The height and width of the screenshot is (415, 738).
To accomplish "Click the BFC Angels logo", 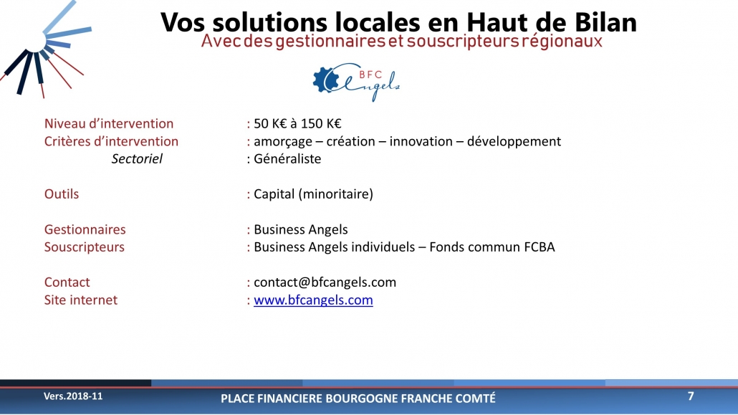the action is pyautogui.click(x=356, y=82).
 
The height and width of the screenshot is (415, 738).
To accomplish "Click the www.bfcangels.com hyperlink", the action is pyautogui.click(x=313, y=300).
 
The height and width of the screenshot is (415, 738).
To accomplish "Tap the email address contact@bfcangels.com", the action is pyautogui.click(x=325, y=282).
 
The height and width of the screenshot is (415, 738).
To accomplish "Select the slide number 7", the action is pyautogui.click(x=691, y=396).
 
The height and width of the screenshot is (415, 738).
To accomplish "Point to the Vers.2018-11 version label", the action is pyautogui.click(x=73, y=396).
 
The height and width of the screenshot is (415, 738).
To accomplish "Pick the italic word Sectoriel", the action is pyautogui.click(x=137, y=158).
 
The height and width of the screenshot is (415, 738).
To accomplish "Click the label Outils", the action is pyautogui.click(x=62, y=194).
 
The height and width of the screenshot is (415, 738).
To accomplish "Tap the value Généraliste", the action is pyautogui.click(x=287, y=158).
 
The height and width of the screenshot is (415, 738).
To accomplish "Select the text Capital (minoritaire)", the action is pyautogui.click(x=313, y=194).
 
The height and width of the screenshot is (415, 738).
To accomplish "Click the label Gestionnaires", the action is pyautogui.click(x=85, y=229).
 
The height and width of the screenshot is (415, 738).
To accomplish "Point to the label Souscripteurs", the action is pyautogui.click(x=85, y=247).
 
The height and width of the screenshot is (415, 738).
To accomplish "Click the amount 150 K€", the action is pyautogui.click(x=321, y=123).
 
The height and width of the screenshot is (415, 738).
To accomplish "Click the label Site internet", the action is pyautogui.click(x=81, y=300).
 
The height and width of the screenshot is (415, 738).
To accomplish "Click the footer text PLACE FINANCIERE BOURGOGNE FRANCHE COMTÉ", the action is pyautogui.click(x=358, y=399).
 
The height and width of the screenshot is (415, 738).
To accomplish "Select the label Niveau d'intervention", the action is pyautogui.click(x=109, y=123).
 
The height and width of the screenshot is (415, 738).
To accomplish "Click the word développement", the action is pyautogui.click(x=514, y=142).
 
